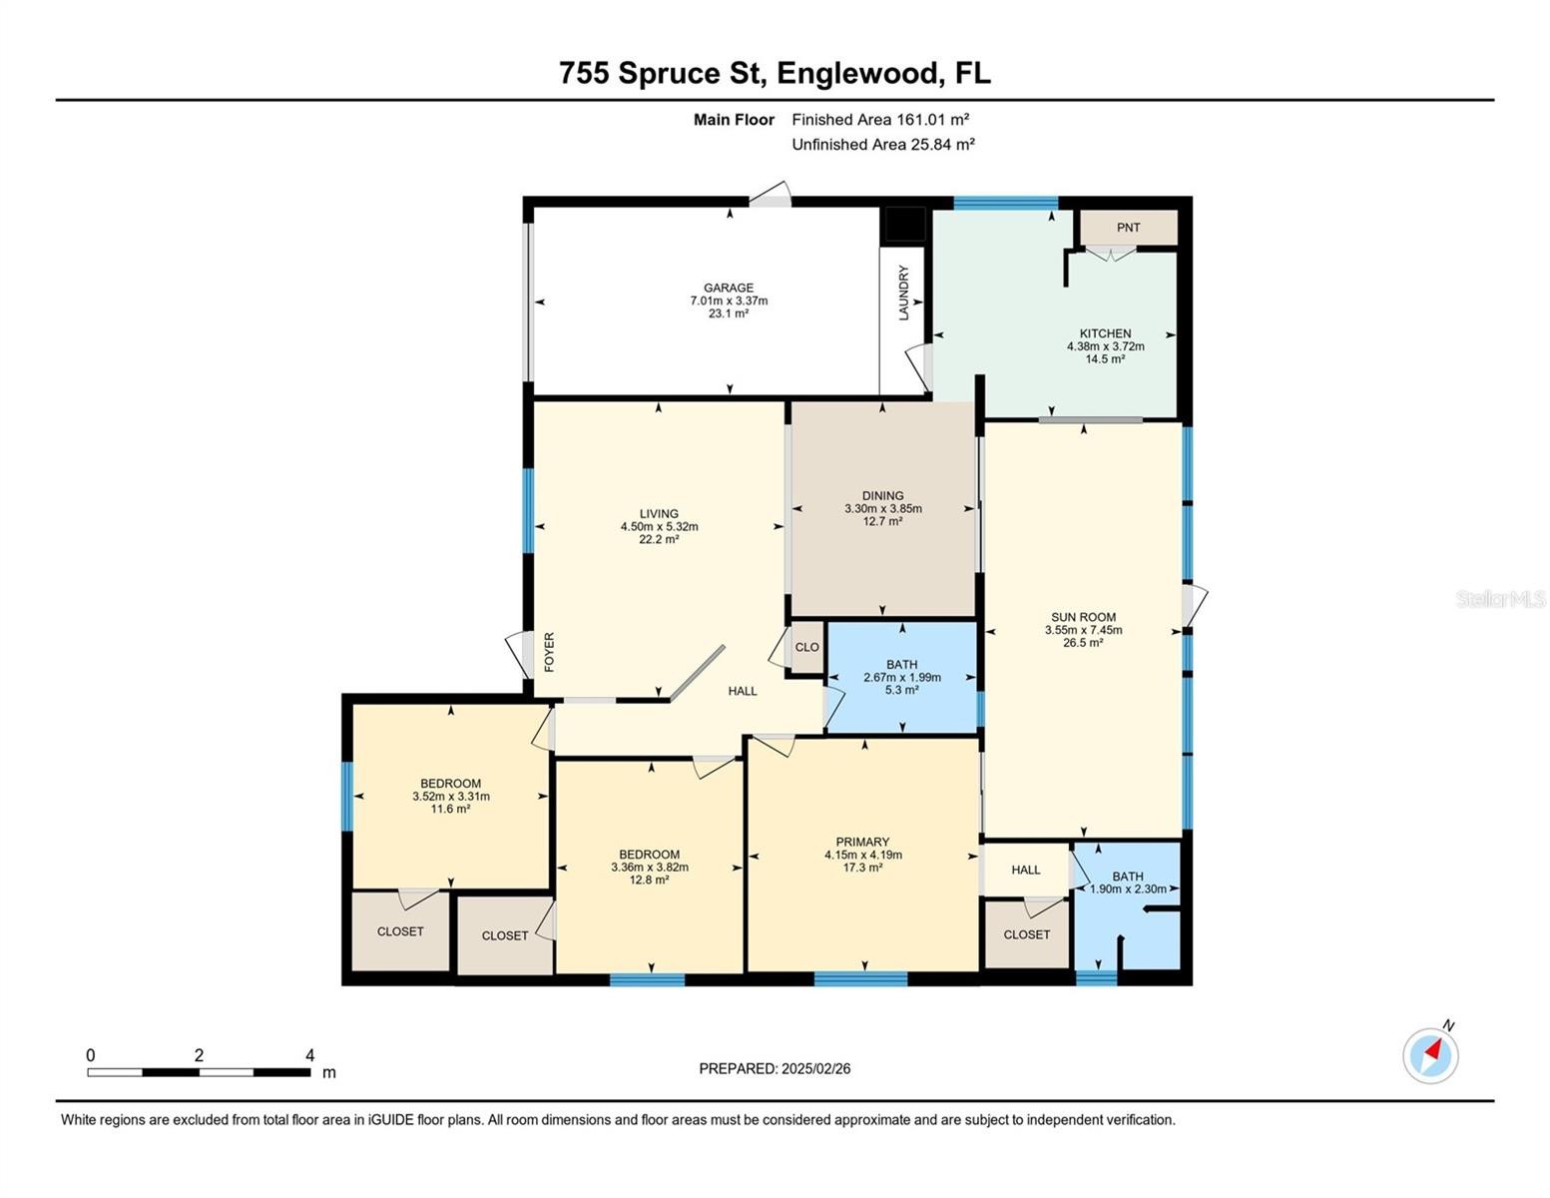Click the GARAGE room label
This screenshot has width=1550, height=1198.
[729, 288]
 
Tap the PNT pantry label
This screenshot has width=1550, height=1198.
[1128, 227]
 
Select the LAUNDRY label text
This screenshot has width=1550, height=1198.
[903, 293]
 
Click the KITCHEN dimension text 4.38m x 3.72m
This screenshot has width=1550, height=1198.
[1105, 346]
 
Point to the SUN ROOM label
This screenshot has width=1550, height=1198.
[1083, 617]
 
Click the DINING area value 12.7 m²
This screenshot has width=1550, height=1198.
[882, 521]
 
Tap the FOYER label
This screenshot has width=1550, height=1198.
[549, 652]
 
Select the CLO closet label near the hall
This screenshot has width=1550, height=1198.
[806, 647]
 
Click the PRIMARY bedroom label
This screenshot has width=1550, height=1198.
[862, 842]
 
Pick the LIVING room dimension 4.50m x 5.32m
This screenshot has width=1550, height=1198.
[659, 526]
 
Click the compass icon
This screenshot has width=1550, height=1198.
[1429, 1056]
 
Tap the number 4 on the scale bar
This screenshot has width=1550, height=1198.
[309, 1054]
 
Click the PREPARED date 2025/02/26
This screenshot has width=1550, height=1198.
[815, 1069]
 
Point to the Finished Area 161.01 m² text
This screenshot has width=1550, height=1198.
[880, 119]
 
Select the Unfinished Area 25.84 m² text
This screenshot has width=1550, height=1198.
[883, 144]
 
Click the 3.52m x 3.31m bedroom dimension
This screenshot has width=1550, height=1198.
[451, 797]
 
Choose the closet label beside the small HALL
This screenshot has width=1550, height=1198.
[1026, 934]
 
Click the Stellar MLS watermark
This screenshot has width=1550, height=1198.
[1500, 599]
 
